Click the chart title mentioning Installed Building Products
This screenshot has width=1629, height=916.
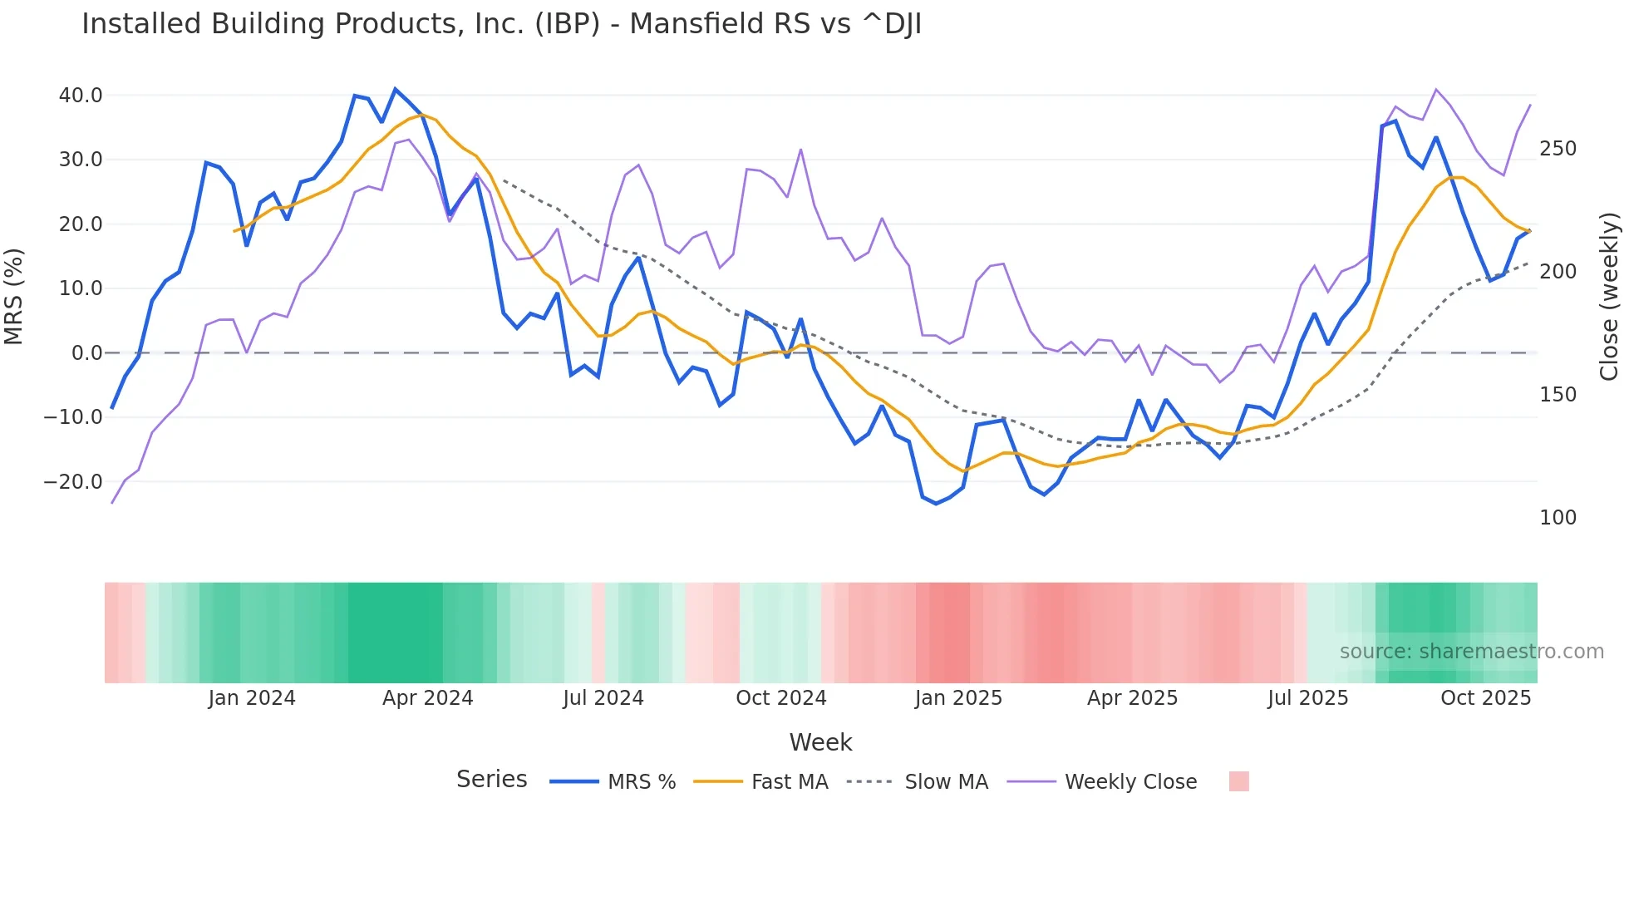pyautogui.click(x=501, y=24)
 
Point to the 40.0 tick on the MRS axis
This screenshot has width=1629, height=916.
pyautogui.click(x=81, y=96)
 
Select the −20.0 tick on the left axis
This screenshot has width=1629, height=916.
pyautogui.click(x=73, y=482)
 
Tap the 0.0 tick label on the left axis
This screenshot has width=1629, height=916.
pyautogui.click(x=86, y=353)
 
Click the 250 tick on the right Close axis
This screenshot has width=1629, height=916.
pyautogui.click(x=1558, y=149)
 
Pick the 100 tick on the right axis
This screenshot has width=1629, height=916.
pyautogui.click(x=1558, y=518)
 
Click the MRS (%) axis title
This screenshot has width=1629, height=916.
pyautogui.click(x=14, y=296)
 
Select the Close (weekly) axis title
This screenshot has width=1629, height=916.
pyautogui.click(x=1609, y=296)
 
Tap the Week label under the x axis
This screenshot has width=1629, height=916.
pyautogui.click(x=820, y=742)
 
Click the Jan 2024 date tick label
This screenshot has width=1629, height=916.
pyautogui.click(x=251, y=698)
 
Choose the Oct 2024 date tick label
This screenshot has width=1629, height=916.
pyautogui.click(x=780, y=698)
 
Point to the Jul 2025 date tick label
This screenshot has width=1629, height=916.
pyautogui.click(x=1307, y=698)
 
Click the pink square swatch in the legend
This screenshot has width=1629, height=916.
pyautogui.click(x=1238, y=781)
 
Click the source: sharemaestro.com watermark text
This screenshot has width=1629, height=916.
pyautogui.click(x=1471, y=652)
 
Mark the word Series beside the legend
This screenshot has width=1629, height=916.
pyautogui.click(x=491, y=780)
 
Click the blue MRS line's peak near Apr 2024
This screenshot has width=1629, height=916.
pyautogui.click(x=396, y=89)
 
